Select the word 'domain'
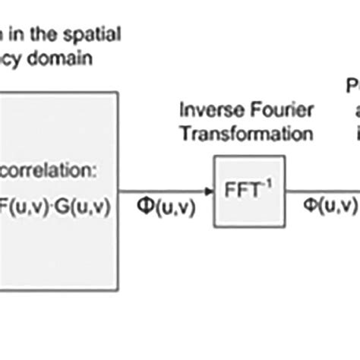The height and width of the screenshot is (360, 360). [76, 57]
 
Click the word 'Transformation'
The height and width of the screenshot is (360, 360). [246, 134]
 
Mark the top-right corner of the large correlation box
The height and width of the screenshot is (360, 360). [118, 93]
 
